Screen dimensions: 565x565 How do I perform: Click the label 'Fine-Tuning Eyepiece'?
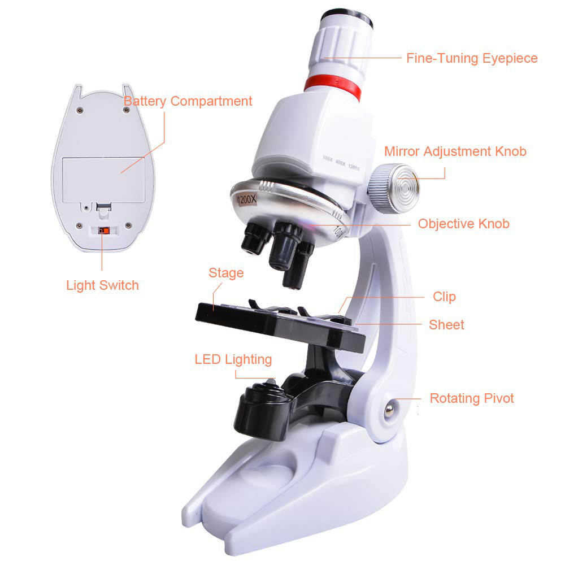coord(472,58)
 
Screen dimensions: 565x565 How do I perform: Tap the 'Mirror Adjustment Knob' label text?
coord(455,151)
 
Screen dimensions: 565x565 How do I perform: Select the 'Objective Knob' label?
coord(463,224)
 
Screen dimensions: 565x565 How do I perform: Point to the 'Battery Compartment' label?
coord(188,101)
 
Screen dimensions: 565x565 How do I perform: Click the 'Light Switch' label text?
coord(102,285)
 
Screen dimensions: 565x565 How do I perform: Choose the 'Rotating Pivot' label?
coord(472,398)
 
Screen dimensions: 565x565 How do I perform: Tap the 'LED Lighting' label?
coord(233,359)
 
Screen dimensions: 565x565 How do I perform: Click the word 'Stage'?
coord(226,273)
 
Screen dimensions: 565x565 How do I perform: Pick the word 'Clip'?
coord(444,297)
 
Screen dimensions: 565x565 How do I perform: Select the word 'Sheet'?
coord(446,325)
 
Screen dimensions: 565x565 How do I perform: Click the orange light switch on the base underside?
coord(104,230)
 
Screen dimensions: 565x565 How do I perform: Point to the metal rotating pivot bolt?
coord(389,410)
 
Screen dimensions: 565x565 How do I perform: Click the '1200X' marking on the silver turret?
coord(246,199)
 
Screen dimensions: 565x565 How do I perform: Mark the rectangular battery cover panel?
coord(103,180)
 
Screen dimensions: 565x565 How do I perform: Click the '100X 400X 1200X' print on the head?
coord(341,163)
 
